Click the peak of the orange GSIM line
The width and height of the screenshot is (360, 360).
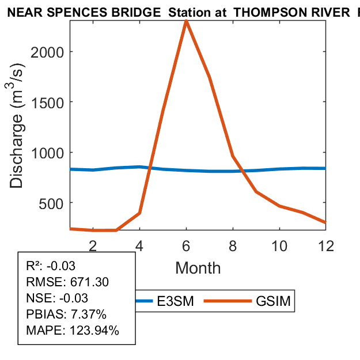pos(186,21)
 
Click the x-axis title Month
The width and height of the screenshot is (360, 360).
pos(198,268)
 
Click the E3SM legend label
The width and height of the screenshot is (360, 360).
pos(175,301)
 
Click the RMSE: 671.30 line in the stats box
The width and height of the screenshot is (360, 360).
pos(67,282)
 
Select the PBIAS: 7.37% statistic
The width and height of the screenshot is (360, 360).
pos(66,314)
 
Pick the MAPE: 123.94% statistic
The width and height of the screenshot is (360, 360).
pos(73,331)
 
